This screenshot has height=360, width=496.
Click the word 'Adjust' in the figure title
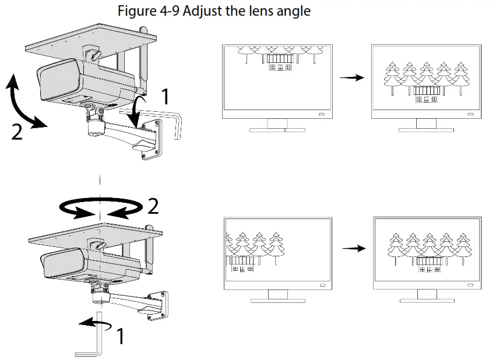pos(203,10)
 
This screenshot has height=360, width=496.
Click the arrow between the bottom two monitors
pos(353,248)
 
